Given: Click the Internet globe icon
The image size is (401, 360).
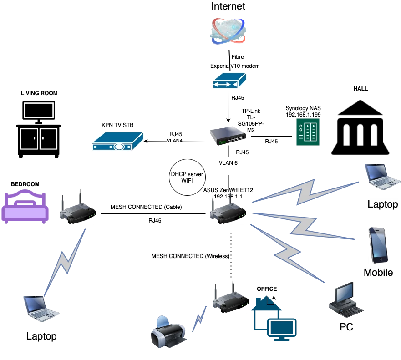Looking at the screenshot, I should coord(229,31).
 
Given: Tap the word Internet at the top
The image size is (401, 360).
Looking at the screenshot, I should coord(228,6).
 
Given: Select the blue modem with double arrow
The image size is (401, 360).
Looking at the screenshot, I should coord(229,80).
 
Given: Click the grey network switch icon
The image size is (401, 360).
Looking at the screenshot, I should coord(228,136).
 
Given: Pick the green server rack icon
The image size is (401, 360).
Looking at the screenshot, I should coord(308,131).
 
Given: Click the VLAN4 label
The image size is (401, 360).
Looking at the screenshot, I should coord(175,141).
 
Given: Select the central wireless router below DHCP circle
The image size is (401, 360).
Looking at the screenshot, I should coord(228,208).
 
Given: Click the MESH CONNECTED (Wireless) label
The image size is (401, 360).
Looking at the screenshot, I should coord(190,257).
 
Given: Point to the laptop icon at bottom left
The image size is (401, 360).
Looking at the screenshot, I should coord(41,309).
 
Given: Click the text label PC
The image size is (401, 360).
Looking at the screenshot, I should coord(346,327).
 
